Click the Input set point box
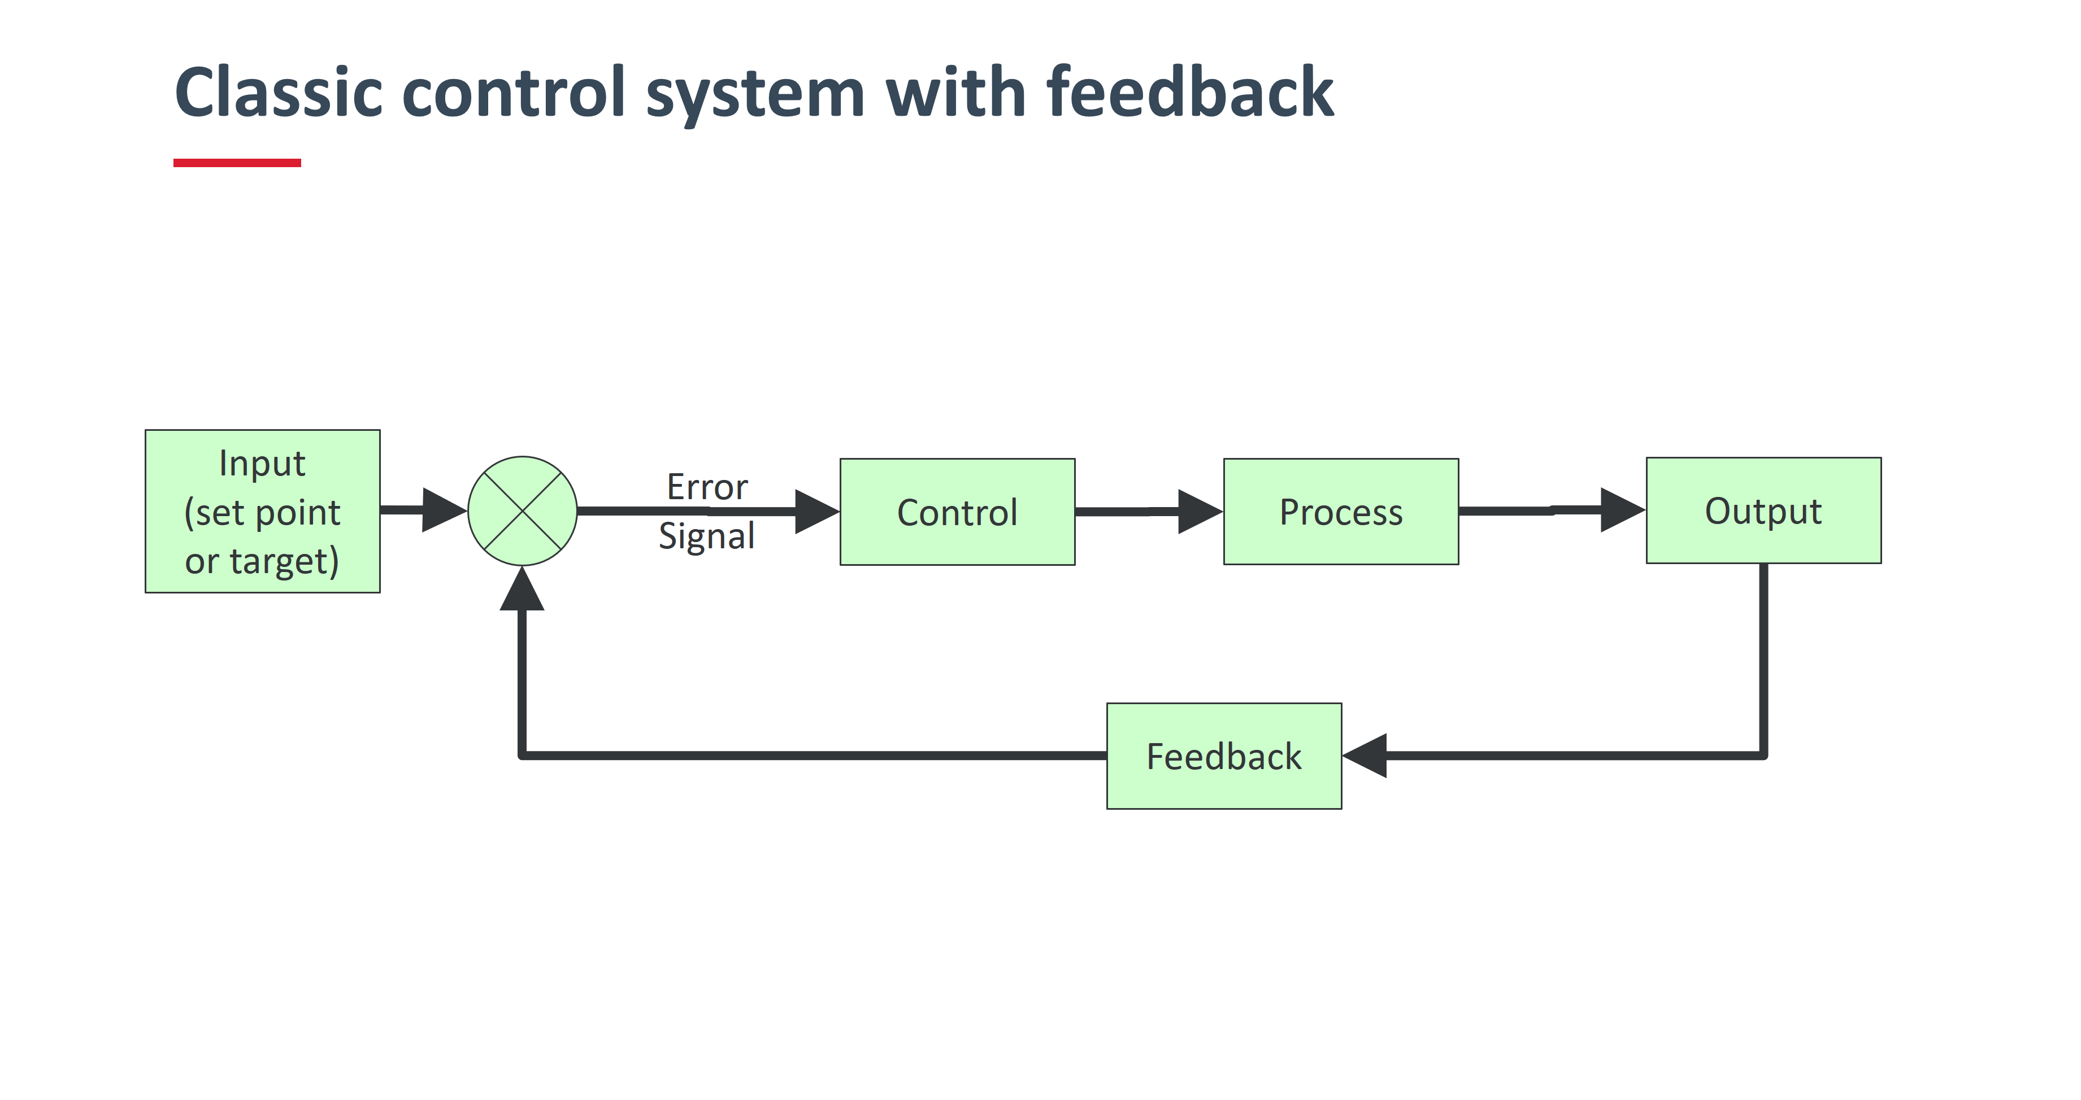(263, 511)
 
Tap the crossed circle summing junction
(523, 511)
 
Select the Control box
(957, 512)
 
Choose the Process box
(1341, 512)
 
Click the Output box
(1763, 510)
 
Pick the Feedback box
(1224, 756)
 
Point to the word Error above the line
(707, 487)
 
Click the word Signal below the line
(707, 536)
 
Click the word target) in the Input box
(284, 561)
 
